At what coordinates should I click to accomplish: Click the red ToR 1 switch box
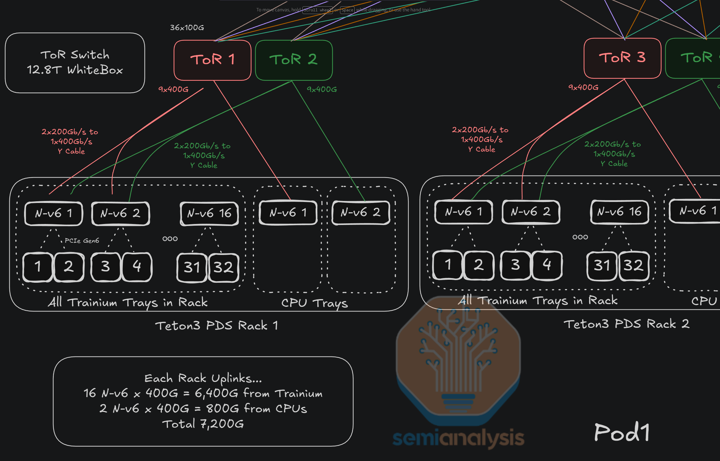212,60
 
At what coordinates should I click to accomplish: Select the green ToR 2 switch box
294,60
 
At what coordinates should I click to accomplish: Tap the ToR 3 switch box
622,58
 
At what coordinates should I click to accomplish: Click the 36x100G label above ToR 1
187,28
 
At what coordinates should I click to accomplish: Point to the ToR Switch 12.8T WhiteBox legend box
75,62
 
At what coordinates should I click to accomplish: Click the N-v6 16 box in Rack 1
209,213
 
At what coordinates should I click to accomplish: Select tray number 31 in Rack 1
192,267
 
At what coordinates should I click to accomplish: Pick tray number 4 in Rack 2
547,265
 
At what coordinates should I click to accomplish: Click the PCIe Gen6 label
82,241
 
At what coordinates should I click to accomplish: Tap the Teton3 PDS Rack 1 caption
217,325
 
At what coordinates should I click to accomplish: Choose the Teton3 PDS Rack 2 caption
626,324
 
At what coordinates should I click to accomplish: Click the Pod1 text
622,432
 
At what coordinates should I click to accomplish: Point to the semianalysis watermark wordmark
458,438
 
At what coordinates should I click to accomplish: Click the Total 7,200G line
203,424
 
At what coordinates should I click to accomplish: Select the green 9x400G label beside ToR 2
322,89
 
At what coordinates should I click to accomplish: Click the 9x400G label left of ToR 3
583,87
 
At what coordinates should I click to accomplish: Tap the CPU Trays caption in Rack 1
314,303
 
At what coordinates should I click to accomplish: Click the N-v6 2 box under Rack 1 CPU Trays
361,213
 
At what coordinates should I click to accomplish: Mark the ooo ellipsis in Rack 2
580,237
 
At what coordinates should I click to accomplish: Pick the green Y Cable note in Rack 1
203,156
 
